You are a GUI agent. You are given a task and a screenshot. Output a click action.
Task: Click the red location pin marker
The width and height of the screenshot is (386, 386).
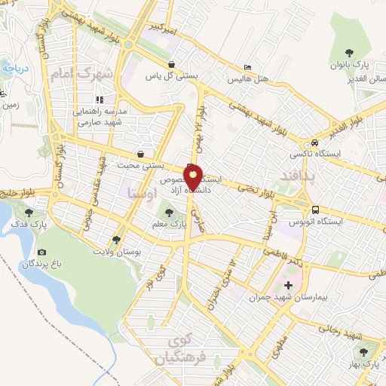pyautogui.click(x=193, y=176)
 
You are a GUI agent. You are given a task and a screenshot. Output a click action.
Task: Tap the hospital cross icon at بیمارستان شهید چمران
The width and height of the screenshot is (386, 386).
pyautogui.click(x=287, y=284)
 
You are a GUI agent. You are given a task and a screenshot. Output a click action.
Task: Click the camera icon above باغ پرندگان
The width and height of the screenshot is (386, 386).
pyautogui.click(x=41, y=252)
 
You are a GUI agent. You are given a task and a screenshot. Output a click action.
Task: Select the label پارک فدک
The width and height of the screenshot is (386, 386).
pyautogui.click(x=29, y=224)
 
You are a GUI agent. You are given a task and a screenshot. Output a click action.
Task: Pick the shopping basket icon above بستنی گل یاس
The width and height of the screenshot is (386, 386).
pyautogui.click(x=175, y=65)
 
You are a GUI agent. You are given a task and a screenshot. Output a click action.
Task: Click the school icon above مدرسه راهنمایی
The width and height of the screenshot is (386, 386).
pyautogui.click(x=99, y=99)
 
